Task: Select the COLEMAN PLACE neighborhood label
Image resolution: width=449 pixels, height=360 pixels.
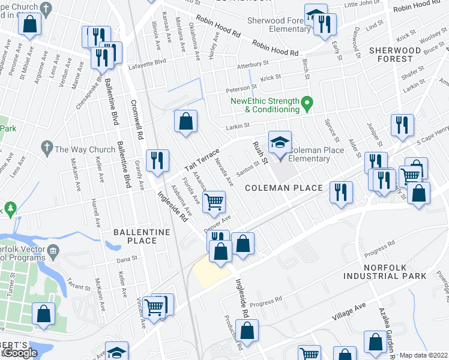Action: pyautogui.click(x=284, y=188)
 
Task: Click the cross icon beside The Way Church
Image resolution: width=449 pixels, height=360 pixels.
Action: pyautogui.click(x=46, y=147)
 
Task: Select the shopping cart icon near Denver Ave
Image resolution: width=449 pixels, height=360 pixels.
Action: pyautogui.click(x=214, y=202)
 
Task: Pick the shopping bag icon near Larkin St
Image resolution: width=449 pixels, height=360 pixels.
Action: pyautogui.click(x=186, y=122)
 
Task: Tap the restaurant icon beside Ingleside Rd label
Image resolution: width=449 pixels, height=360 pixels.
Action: pyautogui.click(x=157, y=161)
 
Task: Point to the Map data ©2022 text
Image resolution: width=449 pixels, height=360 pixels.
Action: pyautogui.click(x=424, y=355)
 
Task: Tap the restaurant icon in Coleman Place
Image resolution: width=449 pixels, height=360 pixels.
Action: pyautogui.click(x=342, y=193)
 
